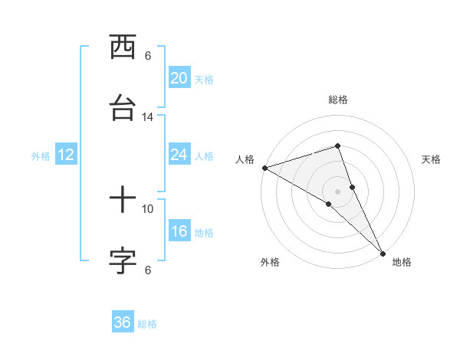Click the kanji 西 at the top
(x=123, y=47)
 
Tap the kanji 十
(x=123, y=201)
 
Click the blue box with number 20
(x=179, y=78)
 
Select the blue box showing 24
(x=179, y=155)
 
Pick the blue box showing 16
(x=179, y=232)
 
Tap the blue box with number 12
(x=65, y=155)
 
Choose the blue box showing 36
(x=122, y=322)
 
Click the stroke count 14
(x=148, y=116)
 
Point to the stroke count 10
(x=148, y=208)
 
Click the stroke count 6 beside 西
(x=148, y=55)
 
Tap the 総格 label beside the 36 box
(x=147, y=324)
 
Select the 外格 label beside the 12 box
(x=41, y=156)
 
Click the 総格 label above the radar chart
(x=338, y=100)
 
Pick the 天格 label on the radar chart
(x=431, y=159)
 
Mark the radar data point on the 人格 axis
(x=264, y=167)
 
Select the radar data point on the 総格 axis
(x=338, y=146)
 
